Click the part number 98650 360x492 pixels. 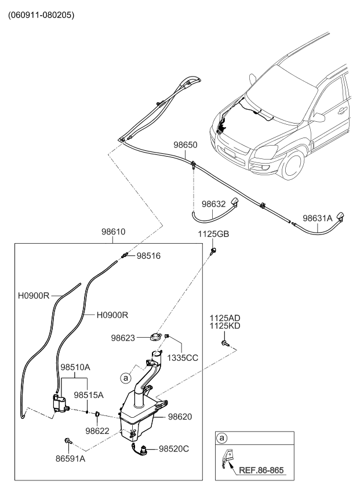click(186, 145)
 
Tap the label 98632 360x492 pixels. click(214, 204)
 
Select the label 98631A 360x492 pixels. click(318, 219)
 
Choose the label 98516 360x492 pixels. click(148, 256)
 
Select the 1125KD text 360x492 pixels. click(226, 326)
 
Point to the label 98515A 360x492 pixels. click(89, 395)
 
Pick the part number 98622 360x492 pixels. click(97, 430)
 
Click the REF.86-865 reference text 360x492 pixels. click(262, 470)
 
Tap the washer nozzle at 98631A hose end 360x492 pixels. click(341, 217)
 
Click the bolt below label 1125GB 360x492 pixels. click(213, 250)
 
